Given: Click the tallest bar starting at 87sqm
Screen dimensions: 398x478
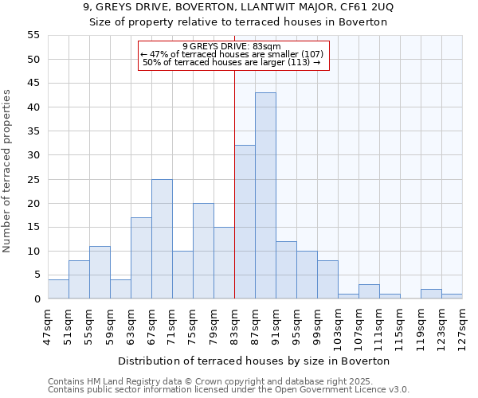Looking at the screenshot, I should pyautogui.click(x=265, y=196).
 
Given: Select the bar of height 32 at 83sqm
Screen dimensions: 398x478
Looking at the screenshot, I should pyautogui.click(x=245, y=222).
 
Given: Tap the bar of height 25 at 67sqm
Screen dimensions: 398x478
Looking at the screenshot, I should pyautogui.click(x=162, y=239).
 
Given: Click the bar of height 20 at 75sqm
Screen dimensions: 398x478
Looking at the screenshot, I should pyautogui.click(x=203, y=251).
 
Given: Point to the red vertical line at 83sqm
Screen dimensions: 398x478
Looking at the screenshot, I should pyautogui.click(x=234, y=183).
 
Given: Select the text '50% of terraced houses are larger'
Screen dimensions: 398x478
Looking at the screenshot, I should pyautogui.click(x=231, y=62).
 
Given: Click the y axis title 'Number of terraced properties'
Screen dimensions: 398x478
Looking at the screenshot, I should pyautogui.click(x=7, y=170).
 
